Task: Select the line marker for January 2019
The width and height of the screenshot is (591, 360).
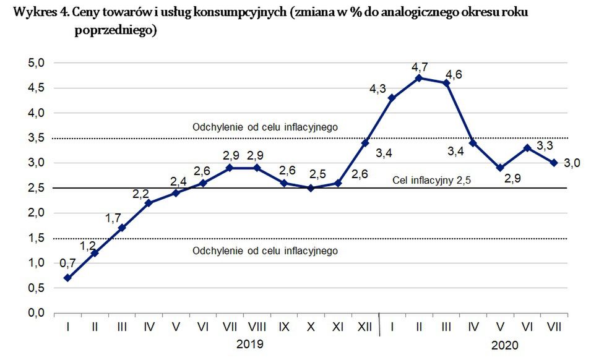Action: click(x=67, y=278)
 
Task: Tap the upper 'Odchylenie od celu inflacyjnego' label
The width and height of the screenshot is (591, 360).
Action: click(x=264, y=127)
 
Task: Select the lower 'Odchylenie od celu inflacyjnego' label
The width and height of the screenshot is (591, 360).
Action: click(x=264, y=251)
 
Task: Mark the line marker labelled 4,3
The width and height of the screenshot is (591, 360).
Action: click(x=392, y=98)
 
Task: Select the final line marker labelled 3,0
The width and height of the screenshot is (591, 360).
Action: click(x=554, y=163)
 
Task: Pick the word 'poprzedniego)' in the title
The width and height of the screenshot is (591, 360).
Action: click(x=113, y=31)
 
